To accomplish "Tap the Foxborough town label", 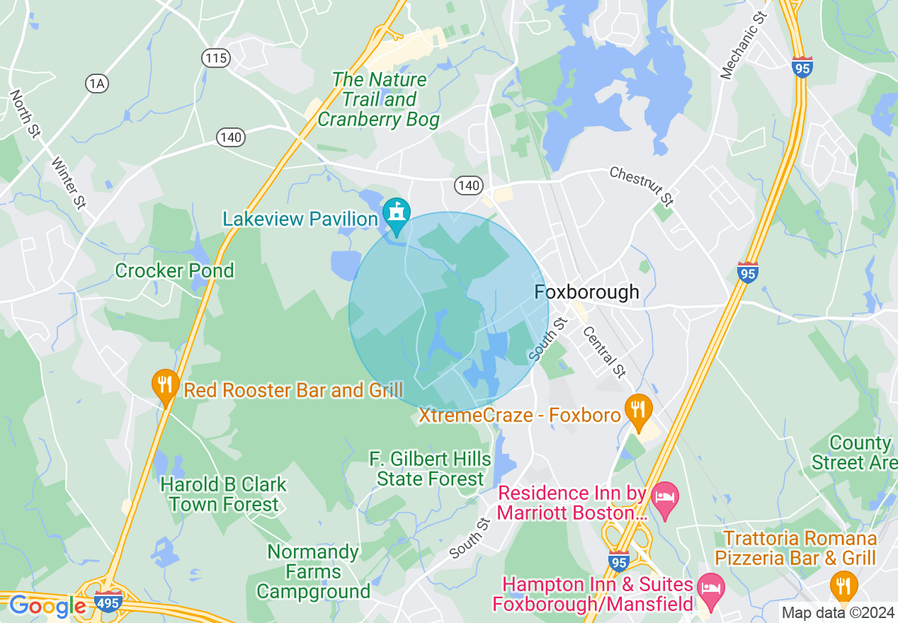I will point(586,292).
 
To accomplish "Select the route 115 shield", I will point(215,58).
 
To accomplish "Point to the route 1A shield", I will point(97,84).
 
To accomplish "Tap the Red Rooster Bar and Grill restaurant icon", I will point(165,385).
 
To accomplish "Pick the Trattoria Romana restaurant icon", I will point(843,586).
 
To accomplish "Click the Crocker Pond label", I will point(174,270).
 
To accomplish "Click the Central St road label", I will point(604,351).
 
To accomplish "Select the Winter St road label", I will point(69,183).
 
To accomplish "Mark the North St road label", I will point(25,113).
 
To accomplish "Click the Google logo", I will point(47,606).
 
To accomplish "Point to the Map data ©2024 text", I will point(838,612).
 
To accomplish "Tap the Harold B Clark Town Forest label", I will point(224,494).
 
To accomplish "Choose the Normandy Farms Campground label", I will point(313,571).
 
